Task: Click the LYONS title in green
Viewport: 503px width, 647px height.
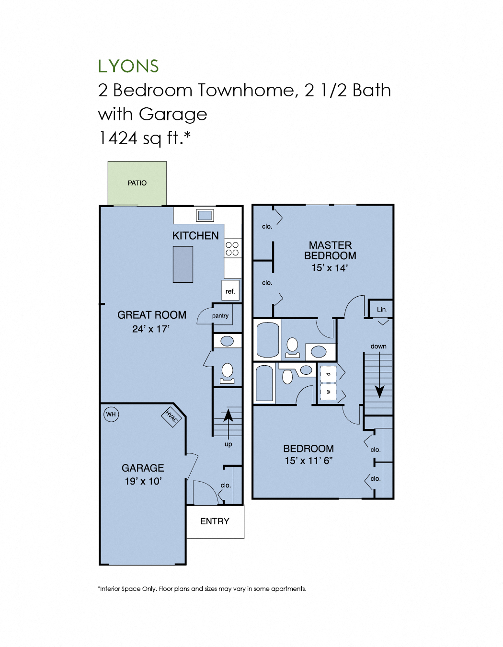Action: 128,66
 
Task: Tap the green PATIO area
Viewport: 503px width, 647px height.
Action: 137,183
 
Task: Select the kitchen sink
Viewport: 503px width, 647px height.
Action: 205,215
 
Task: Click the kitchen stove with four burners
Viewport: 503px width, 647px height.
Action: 232,248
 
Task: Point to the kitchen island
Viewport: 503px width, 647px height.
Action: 183,265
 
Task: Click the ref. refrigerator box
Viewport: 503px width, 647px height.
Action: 230,291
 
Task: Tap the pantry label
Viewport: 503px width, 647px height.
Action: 220,316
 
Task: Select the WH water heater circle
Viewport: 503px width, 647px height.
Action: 111,415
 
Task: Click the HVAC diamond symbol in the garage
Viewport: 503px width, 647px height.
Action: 171,416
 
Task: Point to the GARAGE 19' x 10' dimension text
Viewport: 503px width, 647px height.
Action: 143,481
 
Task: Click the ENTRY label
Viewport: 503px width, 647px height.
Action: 215,521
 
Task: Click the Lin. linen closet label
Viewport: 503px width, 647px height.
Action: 382,310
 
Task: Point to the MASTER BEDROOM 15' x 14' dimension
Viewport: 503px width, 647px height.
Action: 330,268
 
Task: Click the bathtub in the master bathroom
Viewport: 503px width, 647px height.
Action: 268,340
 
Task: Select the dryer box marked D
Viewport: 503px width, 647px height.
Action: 328,374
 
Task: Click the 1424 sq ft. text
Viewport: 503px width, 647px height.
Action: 144,138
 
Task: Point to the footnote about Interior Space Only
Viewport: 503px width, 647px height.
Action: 202,589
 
